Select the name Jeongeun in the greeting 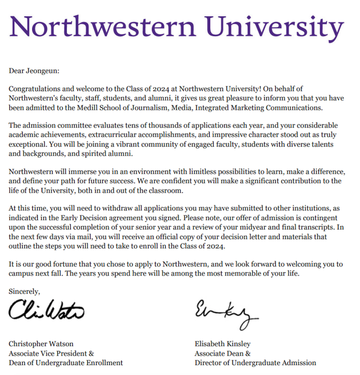pyautogui.click(x=42, y=70)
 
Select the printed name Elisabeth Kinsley pyautogui.click(x=223, y=344)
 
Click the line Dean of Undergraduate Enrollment pyautogui.click(x=66, y=363)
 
